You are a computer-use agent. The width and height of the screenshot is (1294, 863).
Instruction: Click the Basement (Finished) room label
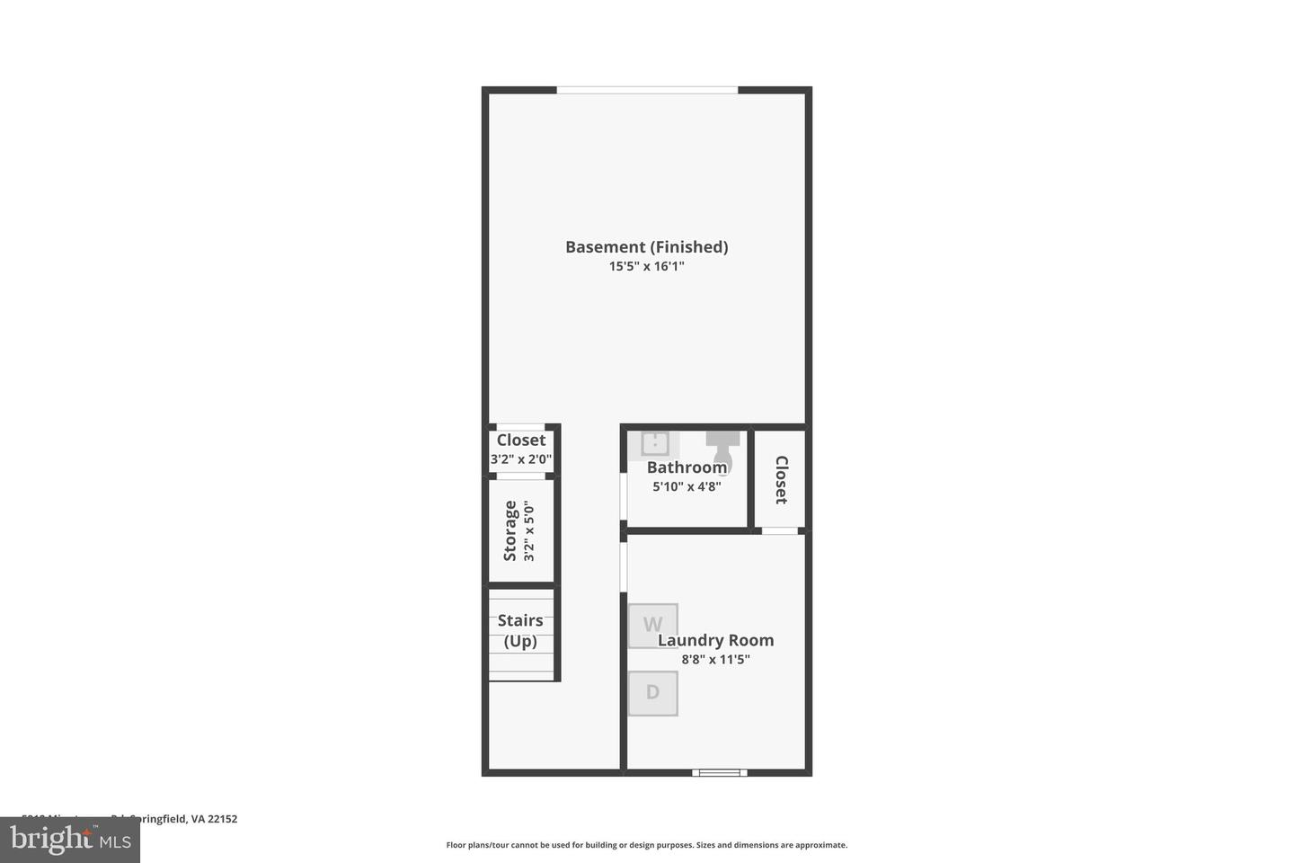(646, 246)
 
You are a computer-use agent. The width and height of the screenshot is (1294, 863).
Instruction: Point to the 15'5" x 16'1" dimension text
(646, 266)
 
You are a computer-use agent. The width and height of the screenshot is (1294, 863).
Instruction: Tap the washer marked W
(652, 626)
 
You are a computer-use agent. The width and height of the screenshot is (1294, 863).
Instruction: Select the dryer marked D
(652, 693)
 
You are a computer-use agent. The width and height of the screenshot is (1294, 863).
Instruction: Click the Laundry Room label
(715, 640)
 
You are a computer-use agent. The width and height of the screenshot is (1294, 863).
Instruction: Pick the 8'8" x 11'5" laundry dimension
(715, 660)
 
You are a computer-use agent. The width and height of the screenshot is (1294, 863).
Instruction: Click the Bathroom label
(687, 467)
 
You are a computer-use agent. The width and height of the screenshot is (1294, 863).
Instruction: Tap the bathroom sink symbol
(656, 443)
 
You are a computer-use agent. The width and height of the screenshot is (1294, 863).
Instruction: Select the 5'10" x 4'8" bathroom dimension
(687, 486)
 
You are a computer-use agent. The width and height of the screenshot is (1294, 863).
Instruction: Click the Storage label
(510, 530)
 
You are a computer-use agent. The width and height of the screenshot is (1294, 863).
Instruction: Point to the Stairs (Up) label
(520, 630)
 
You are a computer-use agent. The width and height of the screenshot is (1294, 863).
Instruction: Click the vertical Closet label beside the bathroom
(781, 479)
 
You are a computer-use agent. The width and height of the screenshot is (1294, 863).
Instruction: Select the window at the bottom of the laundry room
(719, 772)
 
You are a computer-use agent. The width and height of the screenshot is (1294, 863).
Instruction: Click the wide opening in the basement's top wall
(647, 90)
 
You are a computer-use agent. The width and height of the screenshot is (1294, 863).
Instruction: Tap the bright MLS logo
(70, 840)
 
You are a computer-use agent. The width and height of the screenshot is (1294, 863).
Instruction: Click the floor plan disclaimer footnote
(646, 845)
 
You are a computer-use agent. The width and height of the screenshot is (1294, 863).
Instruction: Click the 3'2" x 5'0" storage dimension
(529, 531)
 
